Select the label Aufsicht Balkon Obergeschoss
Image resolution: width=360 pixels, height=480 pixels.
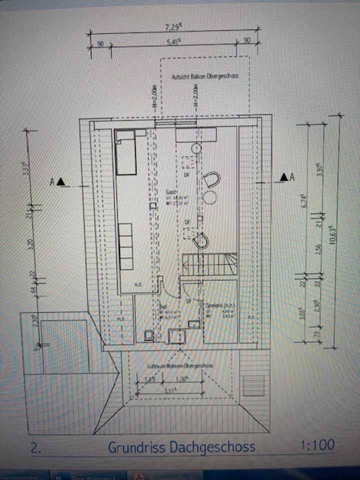coord(204,76)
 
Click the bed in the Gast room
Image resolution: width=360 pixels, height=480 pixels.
coord(127,152)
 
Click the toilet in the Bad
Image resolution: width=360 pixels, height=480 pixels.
coord(148,335)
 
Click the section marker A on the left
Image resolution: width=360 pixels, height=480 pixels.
coord(55,182)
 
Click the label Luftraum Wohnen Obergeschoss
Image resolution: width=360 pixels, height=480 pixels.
coord(180,366)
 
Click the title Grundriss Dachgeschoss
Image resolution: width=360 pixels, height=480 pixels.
coord(181,446)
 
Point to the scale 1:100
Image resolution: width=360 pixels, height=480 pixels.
coord(317,445)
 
